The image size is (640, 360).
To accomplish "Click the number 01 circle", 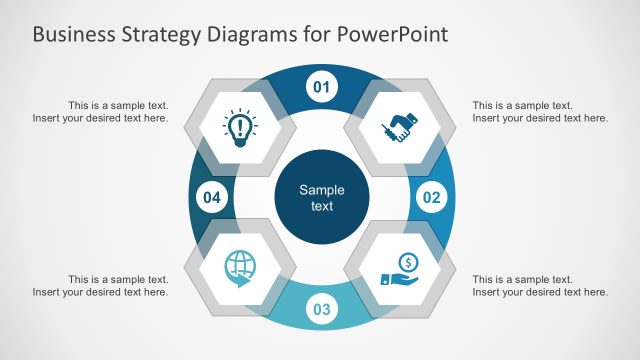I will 321,87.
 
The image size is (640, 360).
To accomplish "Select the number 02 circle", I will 431,197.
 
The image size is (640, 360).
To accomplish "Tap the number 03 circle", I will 321,309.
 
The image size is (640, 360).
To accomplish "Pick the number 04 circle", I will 211,197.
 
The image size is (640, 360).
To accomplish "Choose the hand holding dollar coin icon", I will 401,269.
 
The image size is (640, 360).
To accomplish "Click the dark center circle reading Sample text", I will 321,198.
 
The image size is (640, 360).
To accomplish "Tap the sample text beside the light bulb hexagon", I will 100,111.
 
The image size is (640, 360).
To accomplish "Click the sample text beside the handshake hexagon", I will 539,111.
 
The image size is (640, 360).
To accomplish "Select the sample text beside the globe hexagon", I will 100,285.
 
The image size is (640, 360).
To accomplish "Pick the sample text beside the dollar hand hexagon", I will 539,285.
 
